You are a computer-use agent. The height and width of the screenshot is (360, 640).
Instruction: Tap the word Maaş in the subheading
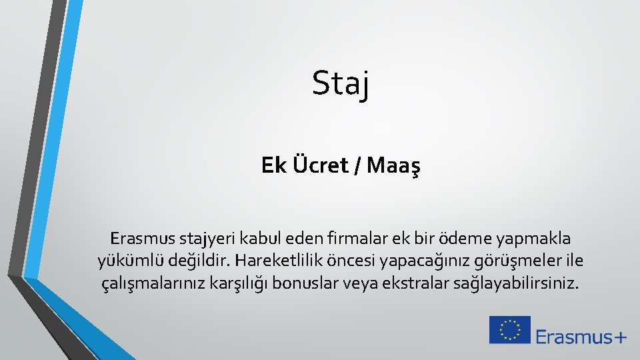point(393,165)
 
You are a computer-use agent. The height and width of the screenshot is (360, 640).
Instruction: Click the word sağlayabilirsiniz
point(513,283)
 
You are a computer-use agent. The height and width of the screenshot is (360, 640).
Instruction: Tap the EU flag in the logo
point(510,330)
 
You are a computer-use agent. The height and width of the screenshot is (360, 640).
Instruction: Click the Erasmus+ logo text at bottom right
point(581,336)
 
